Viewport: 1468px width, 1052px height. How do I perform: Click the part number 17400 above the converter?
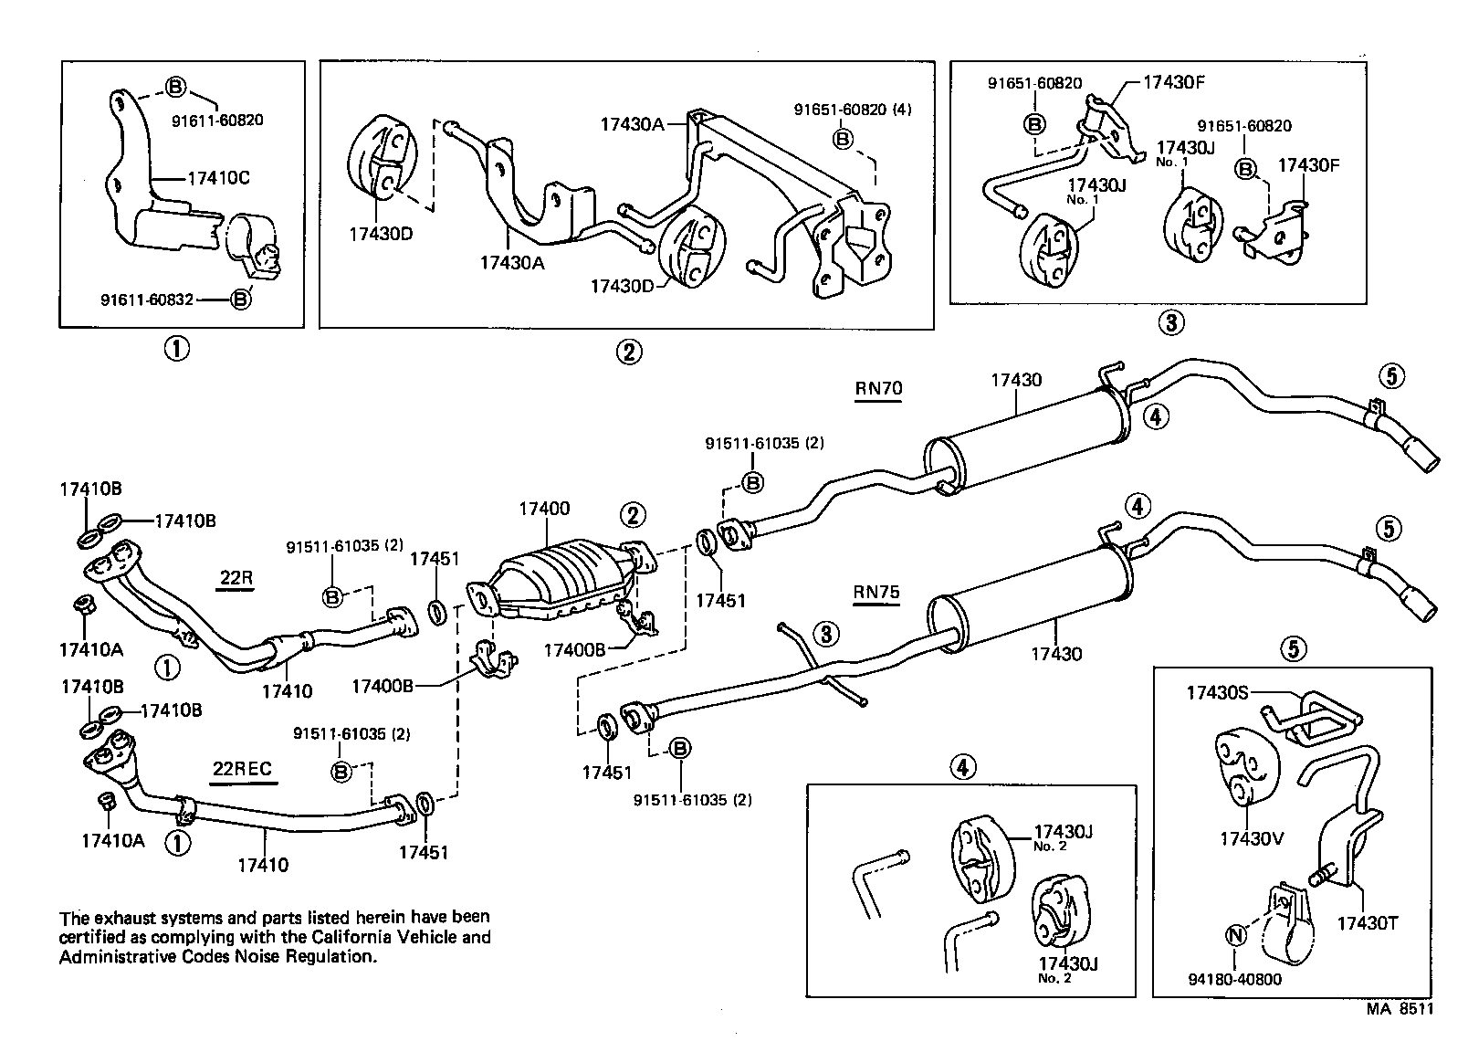pyautogui.click(x=544, y=509)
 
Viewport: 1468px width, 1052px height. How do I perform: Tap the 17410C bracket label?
pyautogui.click(x=218, y=178)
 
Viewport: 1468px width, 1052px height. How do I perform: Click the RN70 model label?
pyautogui.click(x=878, y=388)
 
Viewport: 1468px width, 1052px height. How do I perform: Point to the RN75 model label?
pyautogui.click(x=876, y=592)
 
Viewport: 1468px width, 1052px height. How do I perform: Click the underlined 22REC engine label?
pyautogui.click(x=242, y=768)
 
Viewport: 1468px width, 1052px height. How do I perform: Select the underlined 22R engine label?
pyautogui.click(x=236, y=578)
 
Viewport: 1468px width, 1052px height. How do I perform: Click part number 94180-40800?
pyautogui.click(x=1235, y=980)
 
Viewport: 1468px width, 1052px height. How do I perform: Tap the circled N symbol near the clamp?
pyautogui.click(x=1235, y=936)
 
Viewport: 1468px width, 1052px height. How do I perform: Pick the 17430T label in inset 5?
pyautogui.click(x=1368, y=923)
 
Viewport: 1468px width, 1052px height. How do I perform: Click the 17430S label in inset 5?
pyautogui.click(x=1217, y=693)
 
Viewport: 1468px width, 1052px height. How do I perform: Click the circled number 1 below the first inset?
pyautogui.click(x=176, y=349)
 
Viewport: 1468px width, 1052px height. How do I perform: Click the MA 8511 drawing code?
pyautogui.click(x=1400, y=1009)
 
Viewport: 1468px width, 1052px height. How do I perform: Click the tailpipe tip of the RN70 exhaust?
pyautogui.click(x=1424, y=457)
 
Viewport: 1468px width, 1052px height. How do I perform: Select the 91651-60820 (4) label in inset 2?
pyautogui.click(x=852, y=110)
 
